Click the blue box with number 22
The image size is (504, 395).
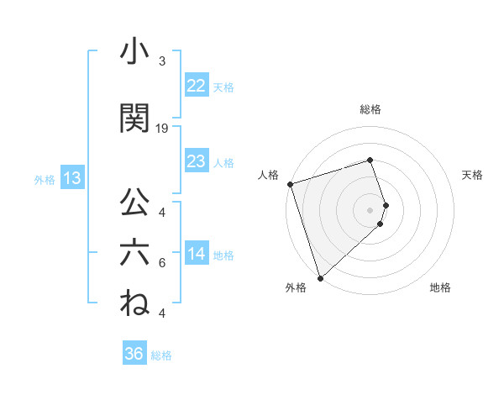196,86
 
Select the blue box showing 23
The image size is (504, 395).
196,161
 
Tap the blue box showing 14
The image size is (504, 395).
196,255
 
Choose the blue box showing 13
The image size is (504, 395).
71,178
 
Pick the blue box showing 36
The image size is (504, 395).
134,354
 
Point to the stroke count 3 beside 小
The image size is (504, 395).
162,61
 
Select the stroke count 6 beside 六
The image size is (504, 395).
162,263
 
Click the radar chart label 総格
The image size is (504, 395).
370,109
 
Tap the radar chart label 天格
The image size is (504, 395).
472,175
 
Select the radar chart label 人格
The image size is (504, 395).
268,175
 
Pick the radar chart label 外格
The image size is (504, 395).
295,287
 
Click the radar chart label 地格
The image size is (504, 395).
440,287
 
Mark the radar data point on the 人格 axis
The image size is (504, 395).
290,184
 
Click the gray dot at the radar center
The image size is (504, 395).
370,209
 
